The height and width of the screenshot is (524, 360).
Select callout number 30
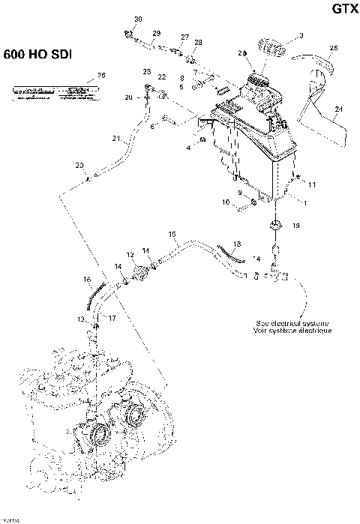[x=137, y=18]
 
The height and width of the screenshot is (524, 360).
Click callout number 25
[x=333, y=48]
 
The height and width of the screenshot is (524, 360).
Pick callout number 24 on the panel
[x=338, y=109]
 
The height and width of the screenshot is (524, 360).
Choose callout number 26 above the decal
[x=102, y=75]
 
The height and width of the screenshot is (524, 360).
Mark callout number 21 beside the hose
[x=116, y=139]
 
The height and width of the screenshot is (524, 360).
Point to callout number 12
[x=130, y=255]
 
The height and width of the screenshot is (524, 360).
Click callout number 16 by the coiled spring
[x=87, y=279]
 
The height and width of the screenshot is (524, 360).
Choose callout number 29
[x=156, y=34]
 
